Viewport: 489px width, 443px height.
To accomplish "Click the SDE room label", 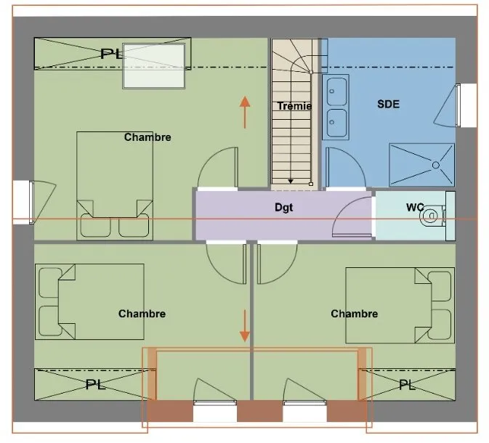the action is [x=388, y=104].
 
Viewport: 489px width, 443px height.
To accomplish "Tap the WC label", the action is [x=415, y=207].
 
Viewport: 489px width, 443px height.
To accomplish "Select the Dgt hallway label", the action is [x=284, y=208].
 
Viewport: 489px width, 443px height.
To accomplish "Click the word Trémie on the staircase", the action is [x=294, y=106].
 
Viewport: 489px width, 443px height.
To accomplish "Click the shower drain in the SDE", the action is [x=436, y=165].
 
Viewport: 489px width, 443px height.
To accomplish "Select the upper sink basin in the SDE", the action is [x=336, y=92].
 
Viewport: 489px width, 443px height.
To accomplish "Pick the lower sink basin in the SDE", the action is [x=336, y=123].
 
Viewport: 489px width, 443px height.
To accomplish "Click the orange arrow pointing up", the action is [x=245, y=112].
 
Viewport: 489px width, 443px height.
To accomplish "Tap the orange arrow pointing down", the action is [x=245, y=325].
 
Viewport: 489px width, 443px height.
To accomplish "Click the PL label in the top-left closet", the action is [x=111, y=54].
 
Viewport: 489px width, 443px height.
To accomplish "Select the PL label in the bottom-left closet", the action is [x=95, y=385].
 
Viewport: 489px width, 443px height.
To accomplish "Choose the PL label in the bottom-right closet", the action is [x=408, y=385].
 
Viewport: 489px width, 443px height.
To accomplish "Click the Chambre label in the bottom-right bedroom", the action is [x=355, y=314].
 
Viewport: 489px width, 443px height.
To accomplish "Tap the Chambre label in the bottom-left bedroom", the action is [x=142, y=314].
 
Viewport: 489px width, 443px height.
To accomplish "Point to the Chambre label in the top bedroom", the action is [x=147, y=137].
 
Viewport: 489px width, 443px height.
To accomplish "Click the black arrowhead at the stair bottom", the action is [x=291, y=181].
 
